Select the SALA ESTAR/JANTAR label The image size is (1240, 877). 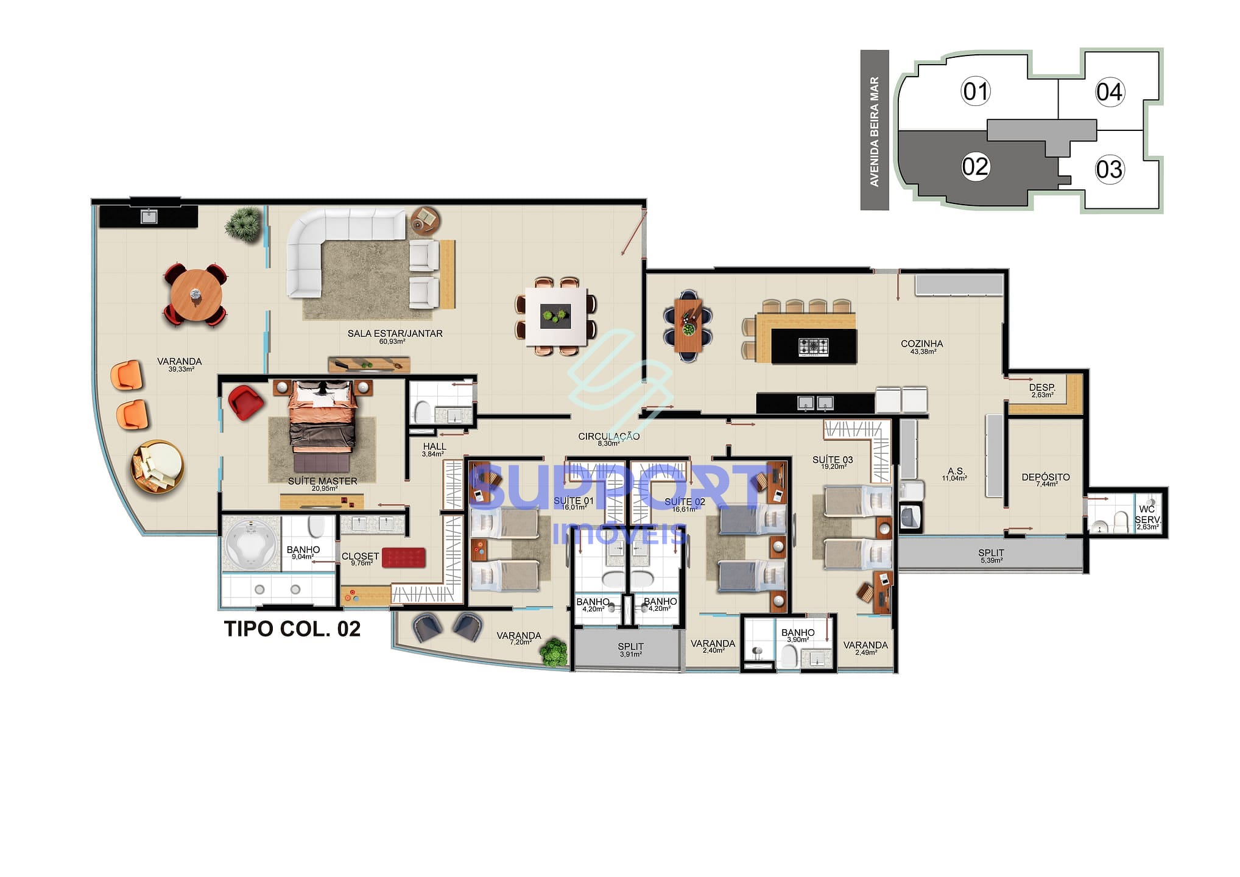395,334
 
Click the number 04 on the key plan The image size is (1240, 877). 1109,92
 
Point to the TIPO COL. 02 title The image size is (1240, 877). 292,629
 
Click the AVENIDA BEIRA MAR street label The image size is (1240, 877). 875,131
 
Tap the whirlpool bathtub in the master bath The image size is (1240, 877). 250,542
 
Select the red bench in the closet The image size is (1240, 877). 403,557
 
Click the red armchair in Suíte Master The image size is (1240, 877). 245,402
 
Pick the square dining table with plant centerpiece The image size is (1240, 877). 556,317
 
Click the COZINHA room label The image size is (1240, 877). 921,344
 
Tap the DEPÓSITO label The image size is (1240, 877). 1045,477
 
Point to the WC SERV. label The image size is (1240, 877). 1147,515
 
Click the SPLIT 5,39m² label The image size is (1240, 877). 991,554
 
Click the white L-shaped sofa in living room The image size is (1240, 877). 329,244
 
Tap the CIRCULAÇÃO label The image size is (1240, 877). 608,437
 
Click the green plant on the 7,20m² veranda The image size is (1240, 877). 554,652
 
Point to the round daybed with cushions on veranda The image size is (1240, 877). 157,467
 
